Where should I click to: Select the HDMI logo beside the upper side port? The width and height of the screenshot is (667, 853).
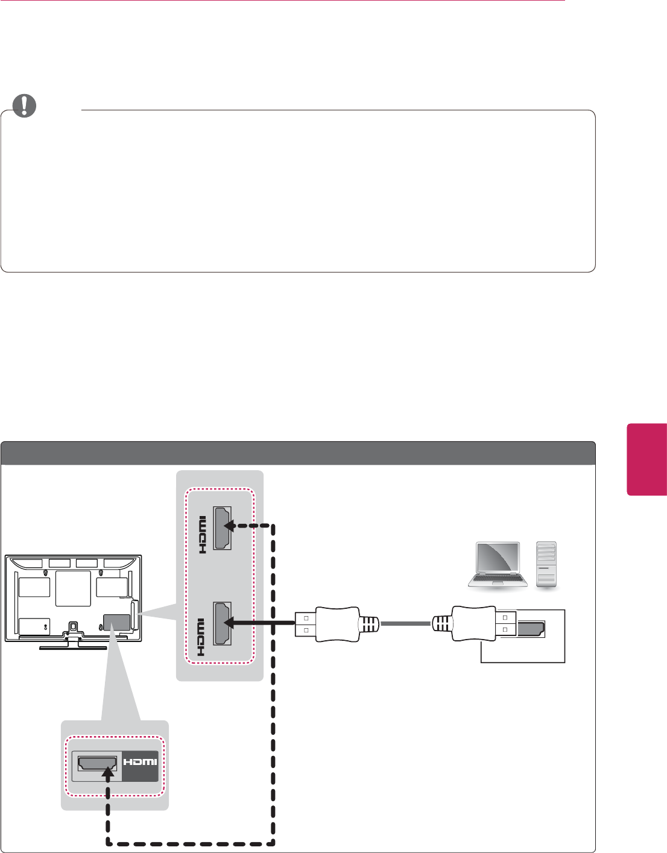tap(202, 534)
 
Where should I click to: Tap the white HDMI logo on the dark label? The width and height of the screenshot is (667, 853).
tap(140, 762)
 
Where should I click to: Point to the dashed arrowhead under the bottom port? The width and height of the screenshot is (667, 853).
tap(108, 772)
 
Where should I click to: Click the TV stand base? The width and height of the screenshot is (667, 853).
tap(74, 647)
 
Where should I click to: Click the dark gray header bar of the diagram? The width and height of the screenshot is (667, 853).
tap(298, 453)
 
